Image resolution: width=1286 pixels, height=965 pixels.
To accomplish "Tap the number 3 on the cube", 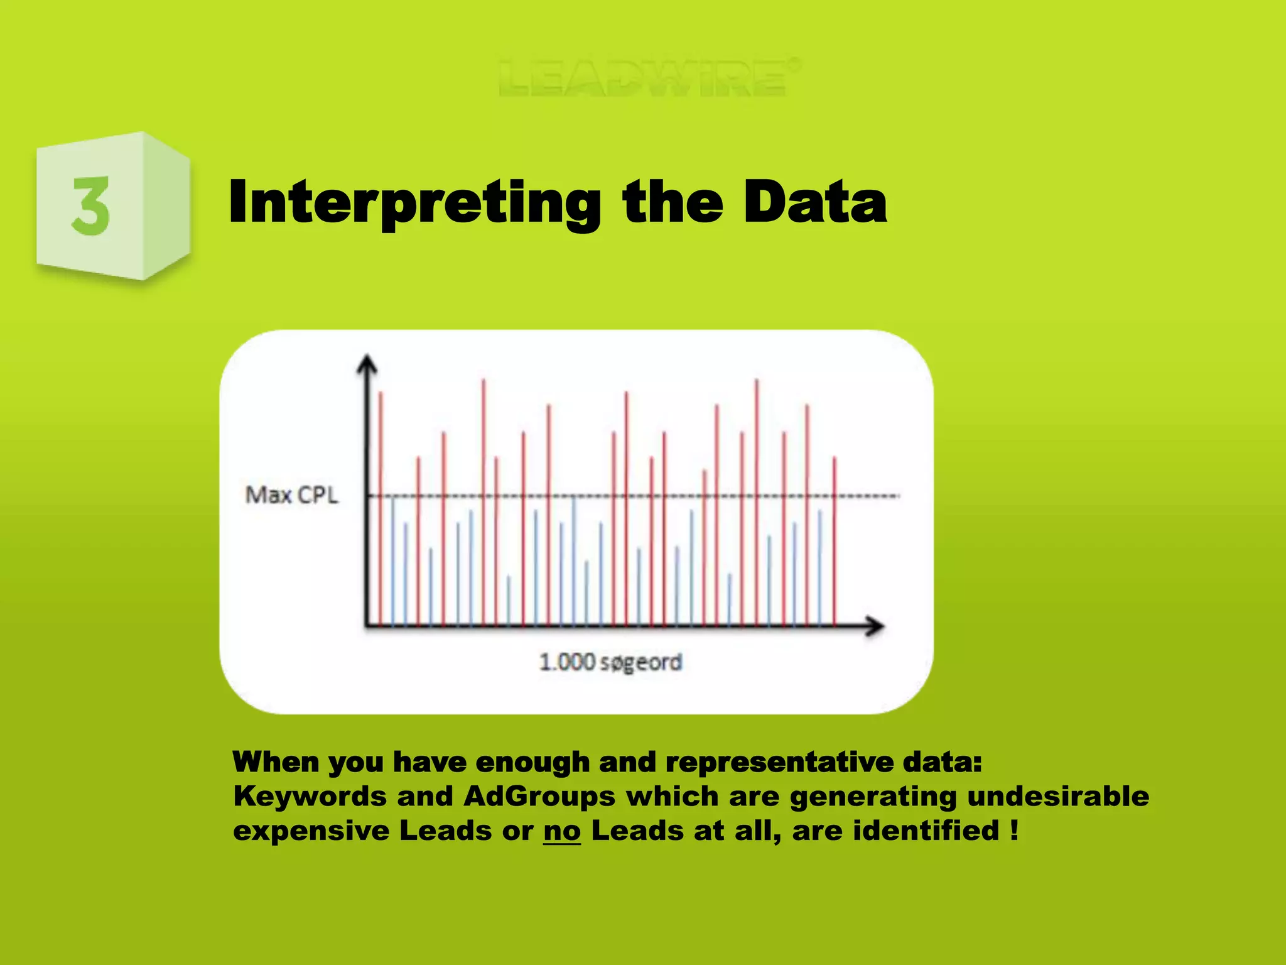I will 92,206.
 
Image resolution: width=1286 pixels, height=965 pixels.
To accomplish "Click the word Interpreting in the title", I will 414,202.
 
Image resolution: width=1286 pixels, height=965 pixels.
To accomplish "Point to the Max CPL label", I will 291,495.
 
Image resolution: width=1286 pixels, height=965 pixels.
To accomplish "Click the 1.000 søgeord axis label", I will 610,662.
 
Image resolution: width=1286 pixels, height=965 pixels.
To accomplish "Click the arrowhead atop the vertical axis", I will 367,366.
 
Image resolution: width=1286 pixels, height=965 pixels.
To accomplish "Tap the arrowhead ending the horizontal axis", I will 874,626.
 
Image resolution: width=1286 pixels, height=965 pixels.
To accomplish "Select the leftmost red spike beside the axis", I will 381,503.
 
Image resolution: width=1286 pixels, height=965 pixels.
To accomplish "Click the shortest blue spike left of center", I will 509,600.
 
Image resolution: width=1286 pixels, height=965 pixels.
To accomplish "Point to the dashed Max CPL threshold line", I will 867,496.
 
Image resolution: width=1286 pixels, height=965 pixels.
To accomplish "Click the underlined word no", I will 562,831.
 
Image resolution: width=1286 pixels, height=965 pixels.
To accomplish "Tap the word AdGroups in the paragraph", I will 539,797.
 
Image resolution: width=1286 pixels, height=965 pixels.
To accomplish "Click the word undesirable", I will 1058,797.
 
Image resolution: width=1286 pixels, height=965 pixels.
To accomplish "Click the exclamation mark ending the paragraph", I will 1015,830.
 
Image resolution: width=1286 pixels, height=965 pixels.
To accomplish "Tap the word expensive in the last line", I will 311,831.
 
